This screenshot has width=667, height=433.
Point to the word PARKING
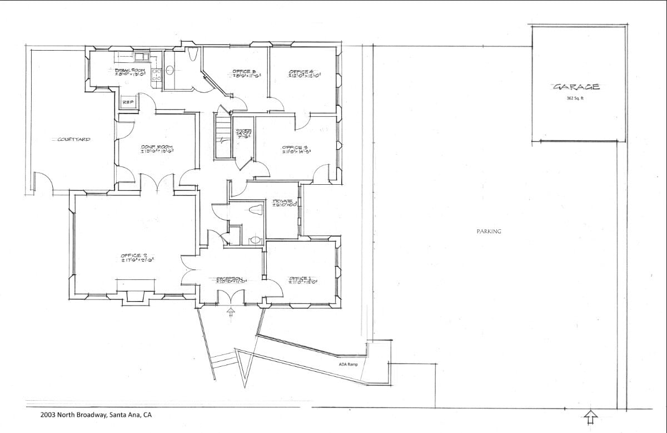pos(489,232)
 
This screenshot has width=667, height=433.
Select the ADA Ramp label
pos(348,365)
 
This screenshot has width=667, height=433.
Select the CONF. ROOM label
pos(157,147)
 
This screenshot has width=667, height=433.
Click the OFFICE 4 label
pos(303,73)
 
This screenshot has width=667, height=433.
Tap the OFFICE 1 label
pos(303,279)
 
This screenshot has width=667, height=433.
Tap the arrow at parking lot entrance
pos(591,416)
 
